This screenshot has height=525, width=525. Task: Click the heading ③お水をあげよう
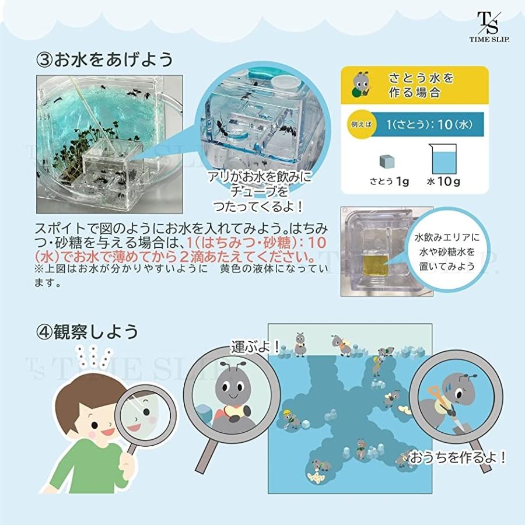click(105, 60)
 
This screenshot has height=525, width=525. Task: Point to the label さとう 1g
click(389, 181)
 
